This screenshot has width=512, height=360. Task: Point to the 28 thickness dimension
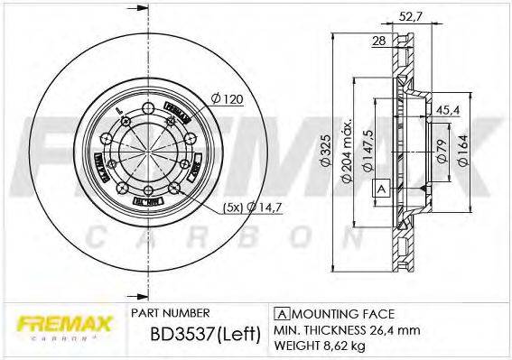[379, 42]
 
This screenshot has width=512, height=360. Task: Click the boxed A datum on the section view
[381, 189]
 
